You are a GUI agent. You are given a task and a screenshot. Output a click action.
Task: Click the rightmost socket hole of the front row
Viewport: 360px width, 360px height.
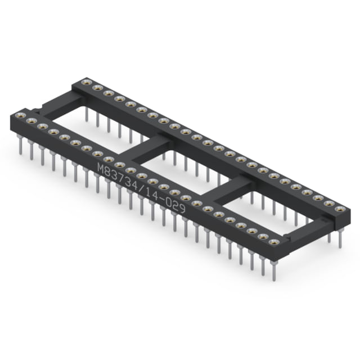point(274,242)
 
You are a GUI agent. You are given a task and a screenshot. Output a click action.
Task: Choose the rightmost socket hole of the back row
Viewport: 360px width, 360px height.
point(340,209)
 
